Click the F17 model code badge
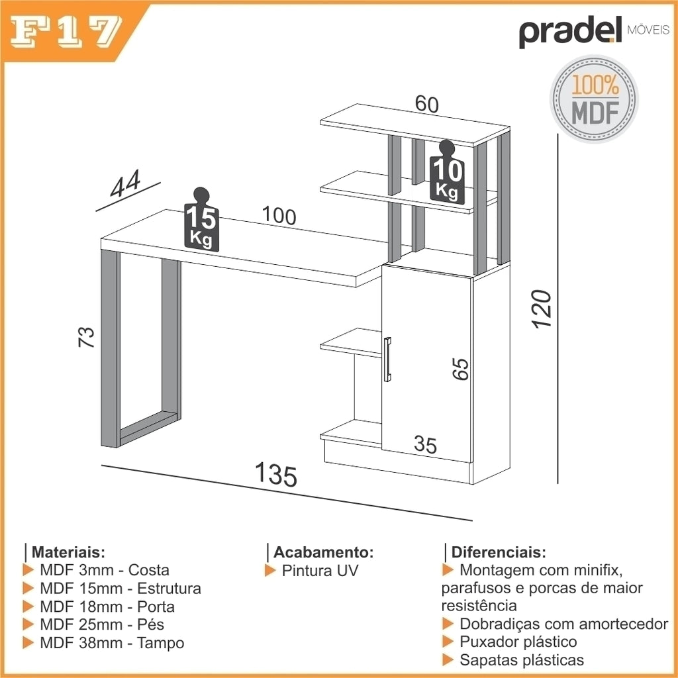point(66,32)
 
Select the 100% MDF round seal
point(594,99)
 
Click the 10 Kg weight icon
point(447,172)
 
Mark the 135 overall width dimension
point(276,474)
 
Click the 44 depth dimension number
point(125,183)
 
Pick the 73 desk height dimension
point(86,337)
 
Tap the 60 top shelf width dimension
point(427,104)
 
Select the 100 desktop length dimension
point(279,215)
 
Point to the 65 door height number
point(461,369)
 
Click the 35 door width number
point(426,444)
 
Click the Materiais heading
point(68,552)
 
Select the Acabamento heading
point(323,552)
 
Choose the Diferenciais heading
point(499,552)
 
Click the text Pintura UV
point(320,571)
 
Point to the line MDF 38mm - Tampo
point(112,643)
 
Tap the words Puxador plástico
point(518,642)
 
